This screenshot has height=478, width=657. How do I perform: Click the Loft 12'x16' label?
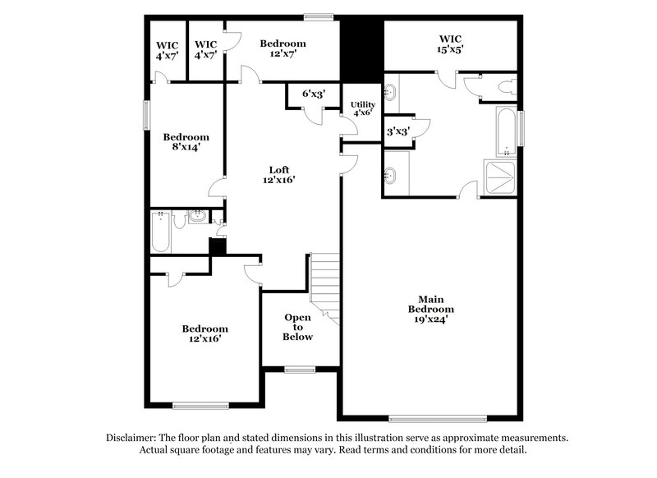(278, 174)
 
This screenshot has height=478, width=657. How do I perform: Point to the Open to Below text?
(297, 327)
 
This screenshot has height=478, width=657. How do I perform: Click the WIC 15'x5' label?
(451, 44)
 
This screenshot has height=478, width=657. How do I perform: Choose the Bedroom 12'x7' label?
(283, 48)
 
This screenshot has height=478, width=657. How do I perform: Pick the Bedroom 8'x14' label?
(185, 142)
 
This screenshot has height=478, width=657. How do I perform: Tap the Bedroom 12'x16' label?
(204, 333)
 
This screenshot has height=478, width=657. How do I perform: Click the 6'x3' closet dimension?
(314, 94)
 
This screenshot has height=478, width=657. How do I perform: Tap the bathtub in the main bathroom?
(506, 131)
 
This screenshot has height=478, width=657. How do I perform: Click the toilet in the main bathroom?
(504, 86)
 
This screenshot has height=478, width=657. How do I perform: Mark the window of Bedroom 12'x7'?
(318, 16)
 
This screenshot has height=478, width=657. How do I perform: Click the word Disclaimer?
(130, 438)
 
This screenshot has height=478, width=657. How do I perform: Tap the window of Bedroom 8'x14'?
(148, 113)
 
